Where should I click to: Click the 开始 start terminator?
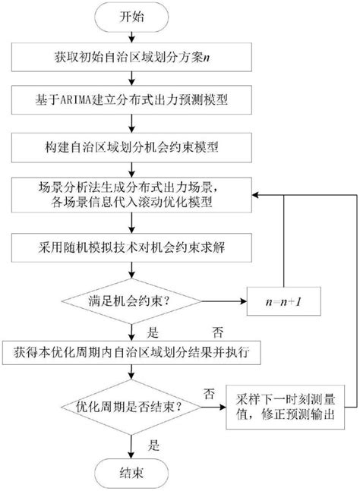131,17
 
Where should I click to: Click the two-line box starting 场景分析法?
131,194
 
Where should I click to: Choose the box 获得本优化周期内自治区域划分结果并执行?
131,352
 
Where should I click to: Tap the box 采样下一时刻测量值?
283,411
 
